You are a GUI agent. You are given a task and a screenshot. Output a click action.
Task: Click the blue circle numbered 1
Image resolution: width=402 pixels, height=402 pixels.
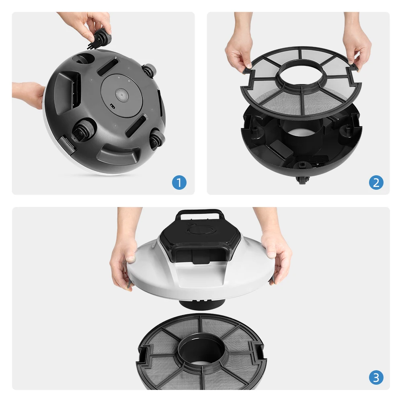pyautogui.click(x=179, y=183)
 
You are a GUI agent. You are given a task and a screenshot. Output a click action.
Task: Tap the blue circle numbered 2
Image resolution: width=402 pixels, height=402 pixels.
pyautogui.click(x=376, y=183)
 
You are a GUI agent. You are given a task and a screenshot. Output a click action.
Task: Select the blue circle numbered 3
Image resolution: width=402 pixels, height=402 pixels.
pyautogui.click(x=376, y=377)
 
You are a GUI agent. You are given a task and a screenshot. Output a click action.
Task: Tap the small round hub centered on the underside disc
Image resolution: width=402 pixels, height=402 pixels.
pyautogui.click(x=120, y=95)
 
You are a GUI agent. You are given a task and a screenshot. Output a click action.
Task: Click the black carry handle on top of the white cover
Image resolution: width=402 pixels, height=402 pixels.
pyautogui.click(x=199, y=215)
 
